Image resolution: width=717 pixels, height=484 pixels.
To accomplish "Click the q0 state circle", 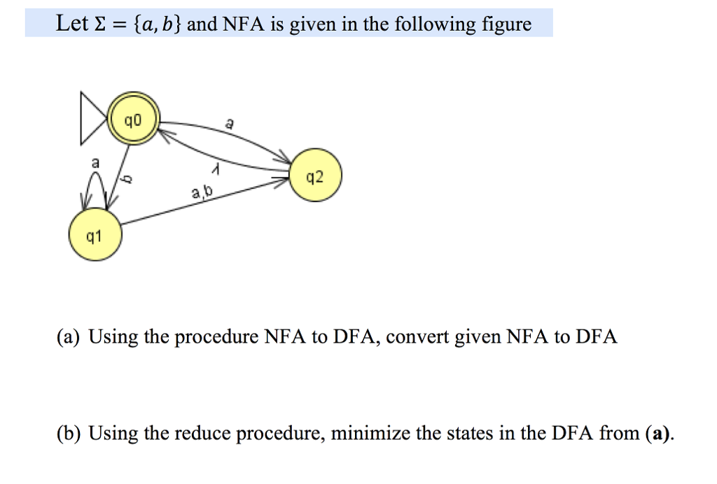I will click(133, 121).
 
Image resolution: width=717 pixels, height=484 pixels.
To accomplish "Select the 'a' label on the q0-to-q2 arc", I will click(230, 124).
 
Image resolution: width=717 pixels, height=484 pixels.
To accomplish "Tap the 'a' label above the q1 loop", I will click(97, 162).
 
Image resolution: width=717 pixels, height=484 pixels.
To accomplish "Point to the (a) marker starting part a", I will click(69, 337).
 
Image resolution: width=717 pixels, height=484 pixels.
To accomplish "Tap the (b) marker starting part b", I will click(69, 434).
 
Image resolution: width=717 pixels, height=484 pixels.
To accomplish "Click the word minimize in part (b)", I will click(370, 434).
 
